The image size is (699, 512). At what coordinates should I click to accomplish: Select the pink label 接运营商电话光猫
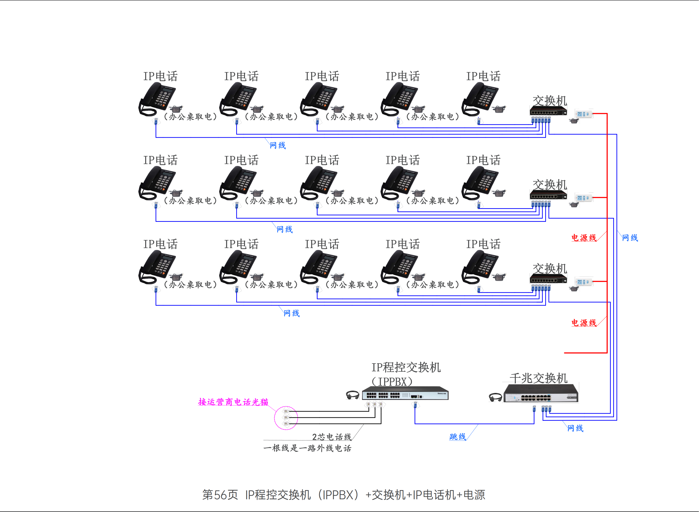[233, 402]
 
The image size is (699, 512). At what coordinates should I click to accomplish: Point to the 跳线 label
[457, 436]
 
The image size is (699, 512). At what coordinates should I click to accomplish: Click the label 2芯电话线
[331, 437]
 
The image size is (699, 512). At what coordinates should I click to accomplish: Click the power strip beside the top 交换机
[584, 114]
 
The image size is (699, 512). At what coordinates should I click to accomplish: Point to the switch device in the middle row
[548, 195]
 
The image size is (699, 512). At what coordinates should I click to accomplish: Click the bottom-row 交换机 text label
[550, 268]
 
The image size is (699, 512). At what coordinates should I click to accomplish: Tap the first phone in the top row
[157, 99]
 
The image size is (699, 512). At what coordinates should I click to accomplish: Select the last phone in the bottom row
[480, 267]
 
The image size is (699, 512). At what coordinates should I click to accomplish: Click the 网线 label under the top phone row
[277, 145]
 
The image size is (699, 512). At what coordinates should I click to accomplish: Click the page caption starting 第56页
[344, 495]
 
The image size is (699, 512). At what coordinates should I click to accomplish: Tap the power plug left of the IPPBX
[353, 395]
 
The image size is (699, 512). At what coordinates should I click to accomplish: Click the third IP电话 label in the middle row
[322, 160]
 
